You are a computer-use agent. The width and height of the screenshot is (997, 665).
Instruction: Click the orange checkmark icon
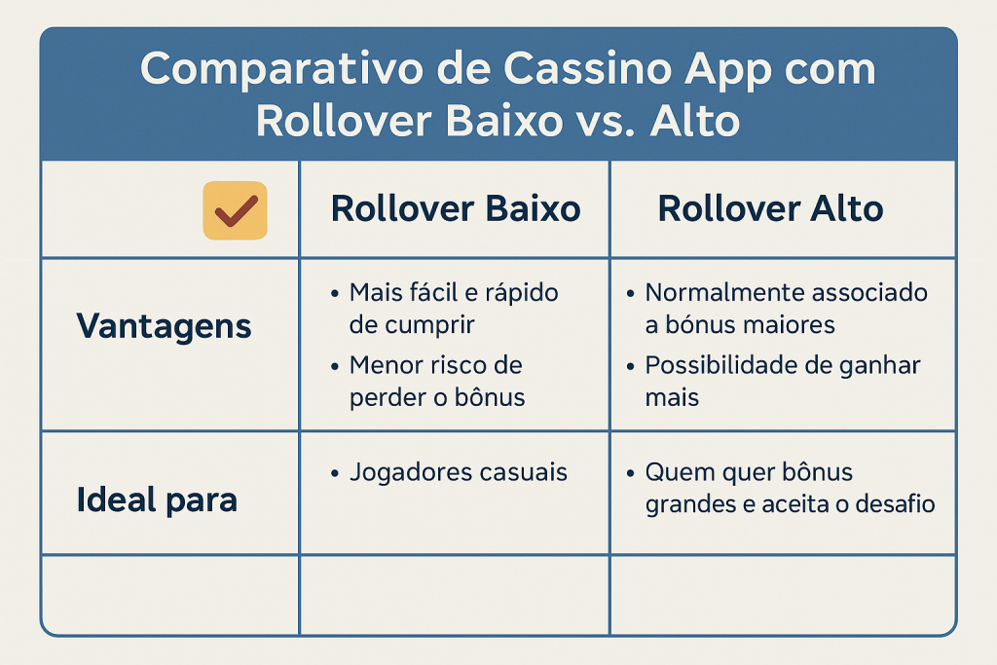236,210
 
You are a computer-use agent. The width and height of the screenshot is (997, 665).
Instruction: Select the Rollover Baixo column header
456,208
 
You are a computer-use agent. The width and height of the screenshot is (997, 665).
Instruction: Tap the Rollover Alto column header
770,208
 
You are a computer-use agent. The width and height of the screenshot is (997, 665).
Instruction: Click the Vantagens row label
164,327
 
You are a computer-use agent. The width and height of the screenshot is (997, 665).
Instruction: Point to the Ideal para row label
157,499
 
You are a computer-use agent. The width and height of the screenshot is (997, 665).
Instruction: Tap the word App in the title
728,70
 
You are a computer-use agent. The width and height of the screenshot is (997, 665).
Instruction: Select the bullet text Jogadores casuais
458,472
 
